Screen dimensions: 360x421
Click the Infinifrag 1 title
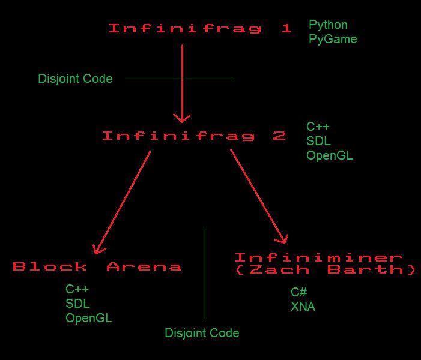(200, 28)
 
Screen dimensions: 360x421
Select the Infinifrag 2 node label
(193, 136)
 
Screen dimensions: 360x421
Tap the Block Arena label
(97, 266)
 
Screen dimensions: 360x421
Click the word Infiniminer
(319, 258)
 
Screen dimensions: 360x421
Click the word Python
(328, 25)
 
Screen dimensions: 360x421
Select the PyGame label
(332, 40)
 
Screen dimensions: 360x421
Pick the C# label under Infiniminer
(299, 292)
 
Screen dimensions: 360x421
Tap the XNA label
(303, 307)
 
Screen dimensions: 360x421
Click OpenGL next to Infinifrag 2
(329, 155)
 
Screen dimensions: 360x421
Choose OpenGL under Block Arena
(89, 318)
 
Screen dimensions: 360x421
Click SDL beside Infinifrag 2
(318, 141)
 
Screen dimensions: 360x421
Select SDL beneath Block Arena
(77, 304)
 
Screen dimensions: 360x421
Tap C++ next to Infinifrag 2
(318, 127)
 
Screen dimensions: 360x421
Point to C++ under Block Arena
(77, 289)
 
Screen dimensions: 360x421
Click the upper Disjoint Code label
(75, 79)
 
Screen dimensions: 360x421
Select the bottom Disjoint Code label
(202, 333)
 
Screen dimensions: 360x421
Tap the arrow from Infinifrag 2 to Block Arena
(122, 202)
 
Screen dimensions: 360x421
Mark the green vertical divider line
(205, 273)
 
